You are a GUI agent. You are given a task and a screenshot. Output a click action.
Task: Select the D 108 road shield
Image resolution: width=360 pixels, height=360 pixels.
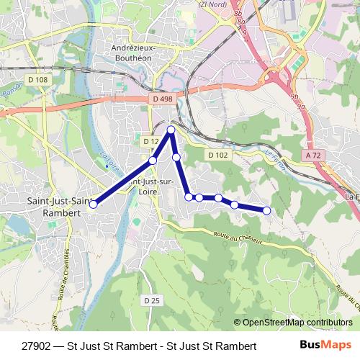point(40,79)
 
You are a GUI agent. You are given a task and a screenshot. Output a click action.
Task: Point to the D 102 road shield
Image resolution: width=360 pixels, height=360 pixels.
point(217,155)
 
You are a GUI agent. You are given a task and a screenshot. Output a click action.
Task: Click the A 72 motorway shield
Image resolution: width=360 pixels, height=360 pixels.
point(312,155)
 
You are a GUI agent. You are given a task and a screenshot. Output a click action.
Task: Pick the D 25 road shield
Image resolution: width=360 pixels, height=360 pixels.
point(150,300)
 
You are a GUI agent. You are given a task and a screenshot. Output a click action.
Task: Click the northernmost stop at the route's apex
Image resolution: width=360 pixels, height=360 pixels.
point(171,130)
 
